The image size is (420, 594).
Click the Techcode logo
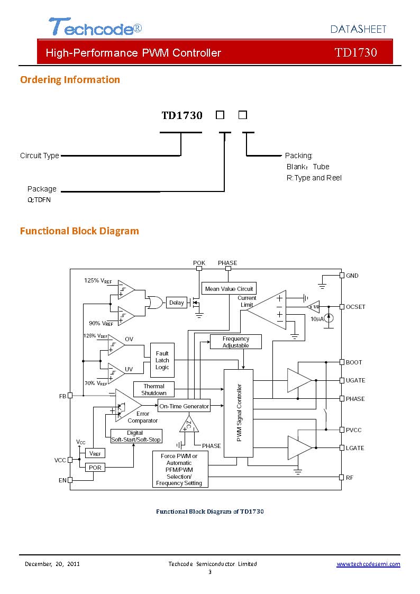[95, 26]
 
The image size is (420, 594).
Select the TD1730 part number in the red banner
[355, 52]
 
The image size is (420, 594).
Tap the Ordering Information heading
[70, 79]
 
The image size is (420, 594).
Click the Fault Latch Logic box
[162, 360]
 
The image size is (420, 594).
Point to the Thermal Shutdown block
[154, 389]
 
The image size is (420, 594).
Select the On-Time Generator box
[184, 406]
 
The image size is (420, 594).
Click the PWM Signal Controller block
[239, 413]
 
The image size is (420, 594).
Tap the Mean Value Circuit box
[229, 289]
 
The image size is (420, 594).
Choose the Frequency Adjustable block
[235, 342]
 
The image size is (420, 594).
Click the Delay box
[177, 303]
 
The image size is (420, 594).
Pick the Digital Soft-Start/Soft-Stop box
[136, 436]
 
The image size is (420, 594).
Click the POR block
[95, 468]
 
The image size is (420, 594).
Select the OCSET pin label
[355, 307]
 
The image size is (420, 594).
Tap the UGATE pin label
[355, 380]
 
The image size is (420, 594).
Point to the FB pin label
[62, 396]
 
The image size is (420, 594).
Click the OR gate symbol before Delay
[154, 303]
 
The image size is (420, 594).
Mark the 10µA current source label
[317, 319]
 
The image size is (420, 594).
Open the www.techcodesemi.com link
[368, 564]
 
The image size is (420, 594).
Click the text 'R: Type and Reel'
[314, 178]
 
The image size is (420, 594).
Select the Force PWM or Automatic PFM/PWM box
[180, 469]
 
